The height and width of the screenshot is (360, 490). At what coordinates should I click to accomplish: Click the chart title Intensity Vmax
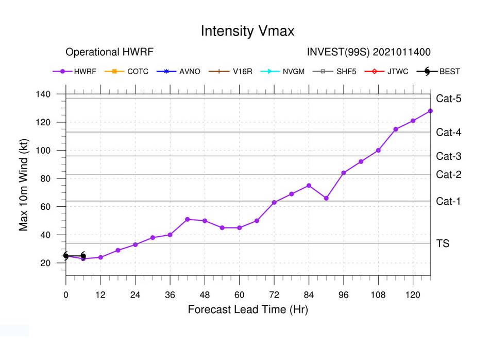[247, 31]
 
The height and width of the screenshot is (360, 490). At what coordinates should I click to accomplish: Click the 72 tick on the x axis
[274, 294]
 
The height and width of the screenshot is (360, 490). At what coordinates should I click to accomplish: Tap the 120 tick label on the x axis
[413, 294]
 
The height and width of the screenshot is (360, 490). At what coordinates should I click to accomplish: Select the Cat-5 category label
[448, 99]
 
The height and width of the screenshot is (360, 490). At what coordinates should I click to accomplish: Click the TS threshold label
[443, 243]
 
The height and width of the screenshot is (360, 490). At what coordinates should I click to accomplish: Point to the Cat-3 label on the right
[448, 156]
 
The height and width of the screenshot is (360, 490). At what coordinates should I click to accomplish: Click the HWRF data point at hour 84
[309, 186]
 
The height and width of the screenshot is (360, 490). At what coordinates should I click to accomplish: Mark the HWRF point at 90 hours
[326, 198]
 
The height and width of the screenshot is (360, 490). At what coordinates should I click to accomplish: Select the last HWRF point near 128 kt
[430, 111]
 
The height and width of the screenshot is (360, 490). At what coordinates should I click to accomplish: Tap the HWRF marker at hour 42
[188, 219]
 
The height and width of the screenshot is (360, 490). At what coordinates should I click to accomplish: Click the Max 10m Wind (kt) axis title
[24, 185]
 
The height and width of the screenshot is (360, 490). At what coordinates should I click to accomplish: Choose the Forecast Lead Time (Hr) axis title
[247, 310]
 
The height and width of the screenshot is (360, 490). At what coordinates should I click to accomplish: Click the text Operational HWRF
[109, 52]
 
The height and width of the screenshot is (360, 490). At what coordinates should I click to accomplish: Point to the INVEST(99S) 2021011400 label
[368, 52]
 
